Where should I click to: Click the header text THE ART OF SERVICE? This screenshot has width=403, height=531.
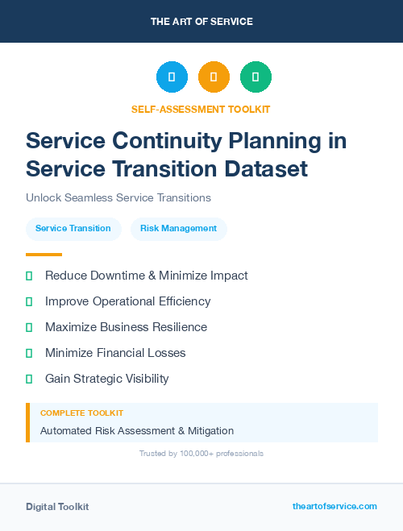(201, 22)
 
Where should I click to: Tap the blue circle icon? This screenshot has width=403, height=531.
(172, 77)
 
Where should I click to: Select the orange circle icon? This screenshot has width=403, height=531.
(214, 77)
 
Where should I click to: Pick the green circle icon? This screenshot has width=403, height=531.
(256, 77)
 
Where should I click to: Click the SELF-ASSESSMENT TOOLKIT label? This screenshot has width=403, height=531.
(201, 109)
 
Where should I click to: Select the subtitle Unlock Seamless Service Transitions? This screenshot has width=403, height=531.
(118, 197)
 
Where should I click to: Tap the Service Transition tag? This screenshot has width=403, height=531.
(73, 229)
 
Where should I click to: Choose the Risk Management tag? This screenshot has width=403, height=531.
(178, 229)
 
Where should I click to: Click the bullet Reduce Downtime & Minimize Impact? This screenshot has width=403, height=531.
(146, 276)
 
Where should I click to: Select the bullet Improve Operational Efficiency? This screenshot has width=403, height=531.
(127, 301)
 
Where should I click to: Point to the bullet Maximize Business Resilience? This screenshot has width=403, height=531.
(126, 327)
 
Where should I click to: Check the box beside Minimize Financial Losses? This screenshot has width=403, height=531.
(29, 353)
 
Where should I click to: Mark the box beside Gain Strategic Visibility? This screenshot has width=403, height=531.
(29, 379)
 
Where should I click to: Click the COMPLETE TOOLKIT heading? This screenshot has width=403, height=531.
(81, 413)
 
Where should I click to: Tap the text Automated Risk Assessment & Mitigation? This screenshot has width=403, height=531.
(137, 431)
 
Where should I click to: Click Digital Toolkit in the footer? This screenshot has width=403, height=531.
(57, 507)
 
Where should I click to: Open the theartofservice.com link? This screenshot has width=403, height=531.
(334, 506)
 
